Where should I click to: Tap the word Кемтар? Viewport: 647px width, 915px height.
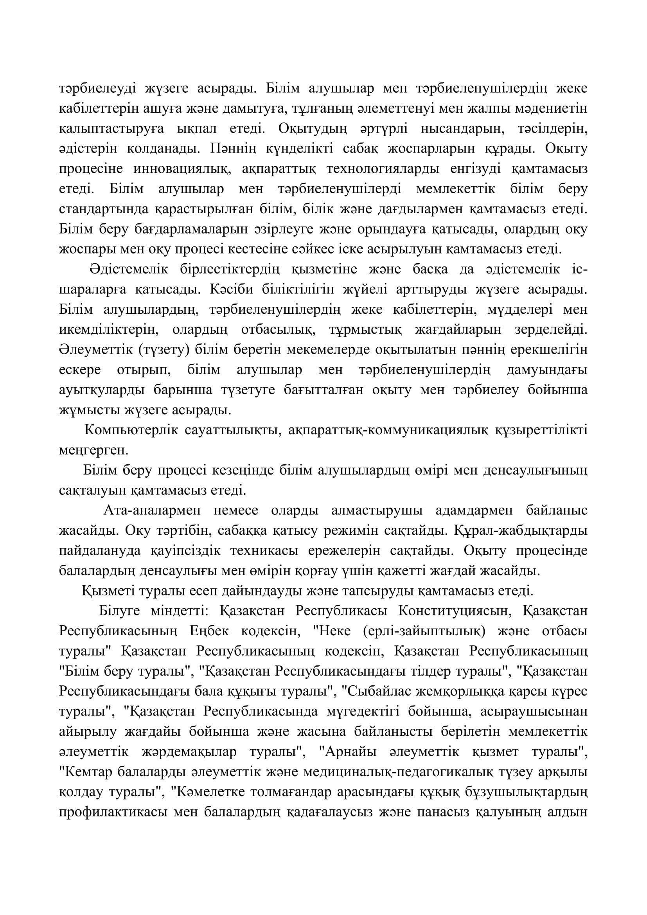click(x=85, y=771)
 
